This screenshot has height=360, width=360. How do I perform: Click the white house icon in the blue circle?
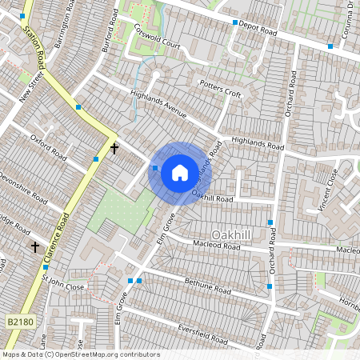[x=180, y=173]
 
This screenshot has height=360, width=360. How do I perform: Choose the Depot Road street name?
[x=258, y=30]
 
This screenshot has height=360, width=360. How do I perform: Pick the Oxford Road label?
[x=47, y=149]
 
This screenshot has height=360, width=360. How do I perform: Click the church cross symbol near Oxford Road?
[x=114, y=148]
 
